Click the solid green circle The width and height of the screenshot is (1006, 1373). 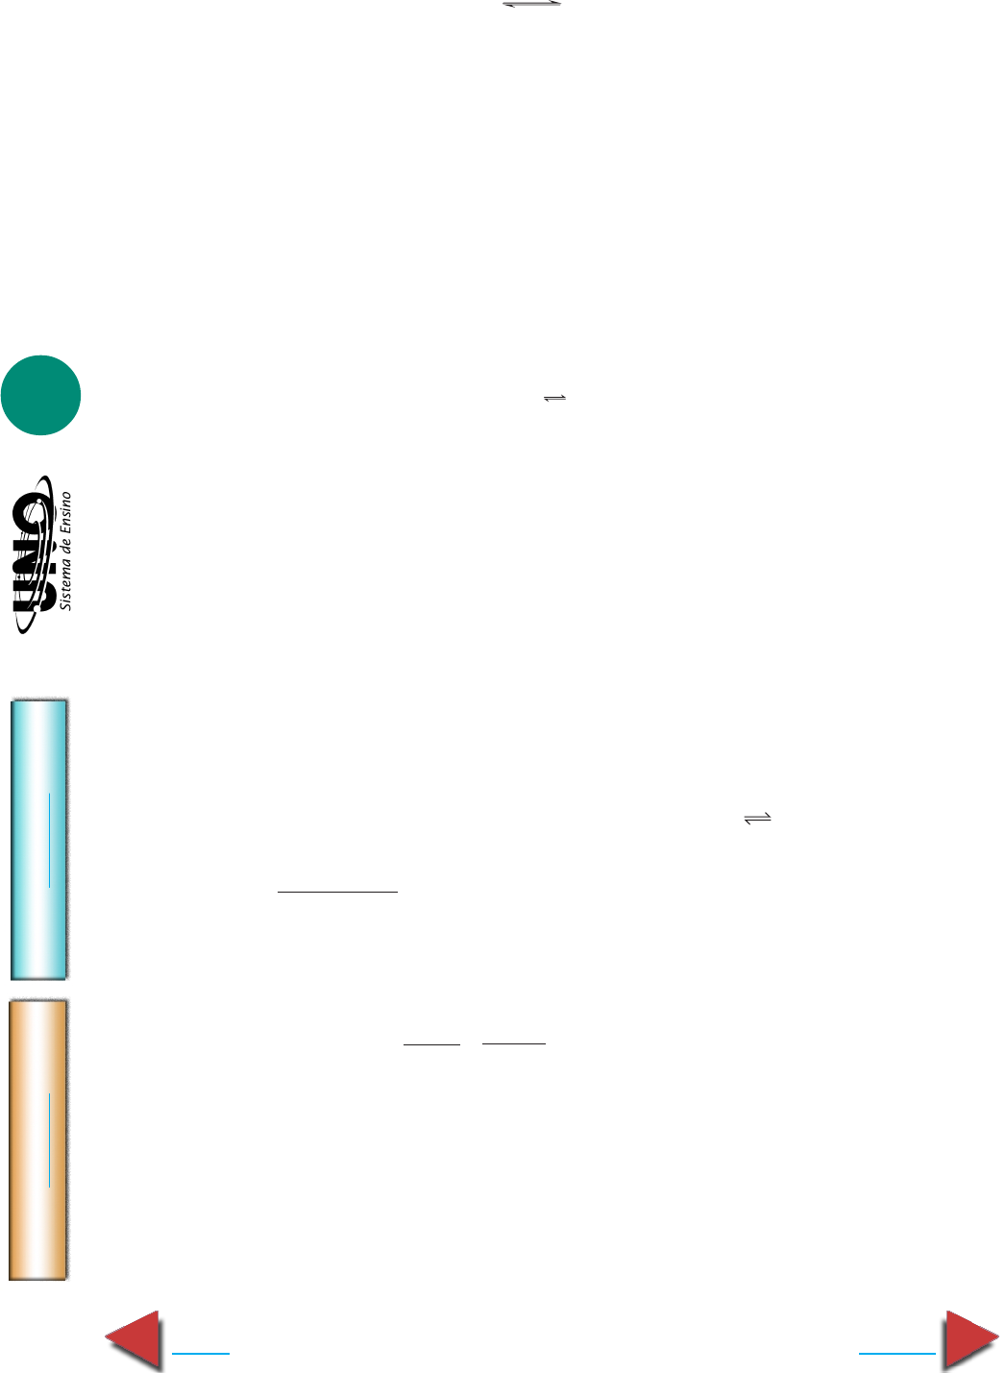pyautogui.click(x=40, y=395)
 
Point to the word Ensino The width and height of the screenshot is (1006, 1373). pyautogui.click(x=65, y=512)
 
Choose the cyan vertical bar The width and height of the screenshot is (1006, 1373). pyautogui.click(x=38, y=839)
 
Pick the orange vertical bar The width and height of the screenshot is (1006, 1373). pyautogui.click(x=38, y=1140)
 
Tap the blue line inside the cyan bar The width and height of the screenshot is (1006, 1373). pyautogui.click(x=49, y=840)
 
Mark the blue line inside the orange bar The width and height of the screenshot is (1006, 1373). pyautogui.click(x=49, y=1140)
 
